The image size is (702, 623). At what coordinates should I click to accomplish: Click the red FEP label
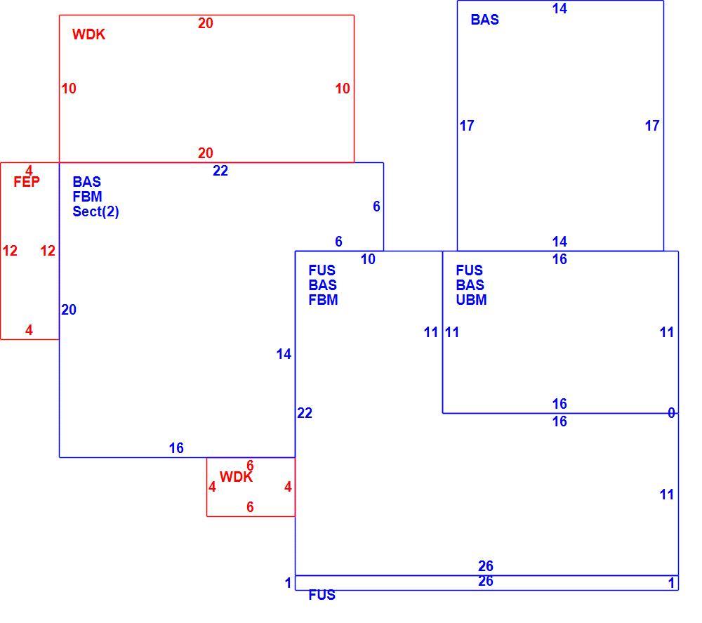(27, 182)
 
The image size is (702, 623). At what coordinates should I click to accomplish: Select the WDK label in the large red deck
(88, 34)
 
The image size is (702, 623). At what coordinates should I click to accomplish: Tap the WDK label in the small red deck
(236, 477)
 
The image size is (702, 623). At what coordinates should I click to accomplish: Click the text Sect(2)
(95, 211)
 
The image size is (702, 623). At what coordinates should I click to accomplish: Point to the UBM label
(471, 300)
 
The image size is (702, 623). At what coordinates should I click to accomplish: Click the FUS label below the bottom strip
(322, 595)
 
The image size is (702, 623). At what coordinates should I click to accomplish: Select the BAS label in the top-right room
(484, 20)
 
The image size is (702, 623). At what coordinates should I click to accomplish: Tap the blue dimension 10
(368, 259)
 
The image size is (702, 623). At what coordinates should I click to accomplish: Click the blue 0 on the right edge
(671, 412)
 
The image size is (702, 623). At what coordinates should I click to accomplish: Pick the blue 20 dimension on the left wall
(69, 310)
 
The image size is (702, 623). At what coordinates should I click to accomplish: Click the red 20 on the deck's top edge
(206, 23)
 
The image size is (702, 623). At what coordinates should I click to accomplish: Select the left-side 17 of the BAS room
(467, 126)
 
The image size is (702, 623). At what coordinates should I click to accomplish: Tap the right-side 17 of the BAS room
(652, 126)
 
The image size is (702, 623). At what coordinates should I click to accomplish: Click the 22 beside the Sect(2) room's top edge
(220, 171)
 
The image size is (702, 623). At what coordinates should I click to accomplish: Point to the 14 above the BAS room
(559, 8)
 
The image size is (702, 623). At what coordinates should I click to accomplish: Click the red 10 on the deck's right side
(343, 88)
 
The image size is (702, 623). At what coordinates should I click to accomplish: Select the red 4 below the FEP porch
(29, 330)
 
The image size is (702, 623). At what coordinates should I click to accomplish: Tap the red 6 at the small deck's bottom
(251, 507)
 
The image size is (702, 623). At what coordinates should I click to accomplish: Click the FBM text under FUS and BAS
(323, 300)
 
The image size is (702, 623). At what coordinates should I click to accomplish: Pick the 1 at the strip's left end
(289, 583)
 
